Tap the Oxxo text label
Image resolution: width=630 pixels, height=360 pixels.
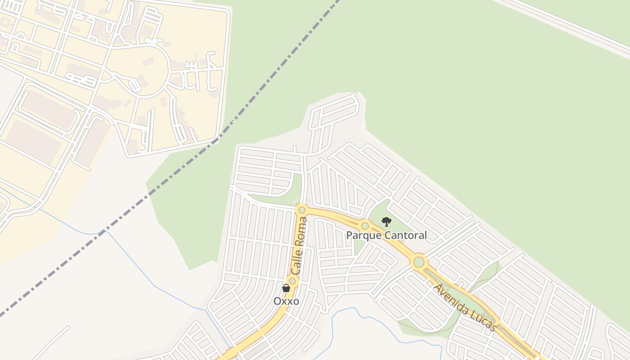click(286, 301)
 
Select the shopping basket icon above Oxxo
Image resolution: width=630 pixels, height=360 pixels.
click(286, 288)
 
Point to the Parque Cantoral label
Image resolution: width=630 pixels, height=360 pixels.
click(386, 235)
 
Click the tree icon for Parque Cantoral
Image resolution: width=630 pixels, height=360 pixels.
click(386, 221)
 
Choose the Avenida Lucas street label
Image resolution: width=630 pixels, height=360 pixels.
click(465, 308)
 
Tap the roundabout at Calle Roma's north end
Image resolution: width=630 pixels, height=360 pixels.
click(301, 210)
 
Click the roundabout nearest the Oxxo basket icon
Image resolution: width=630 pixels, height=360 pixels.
click(292, 281)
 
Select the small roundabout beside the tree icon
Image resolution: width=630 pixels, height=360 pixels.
click(365, 225)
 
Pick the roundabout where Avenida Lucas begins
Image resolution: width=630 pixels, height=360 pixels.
click(419, 261)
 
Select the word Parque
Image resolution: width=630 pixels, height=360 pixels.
click(361, 235)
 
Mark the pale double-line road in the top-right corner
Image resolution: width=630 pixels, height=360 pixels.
click(567, 25)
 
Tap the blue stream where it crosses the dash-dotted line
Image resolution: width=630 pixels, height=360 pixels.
click(100, 233)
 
